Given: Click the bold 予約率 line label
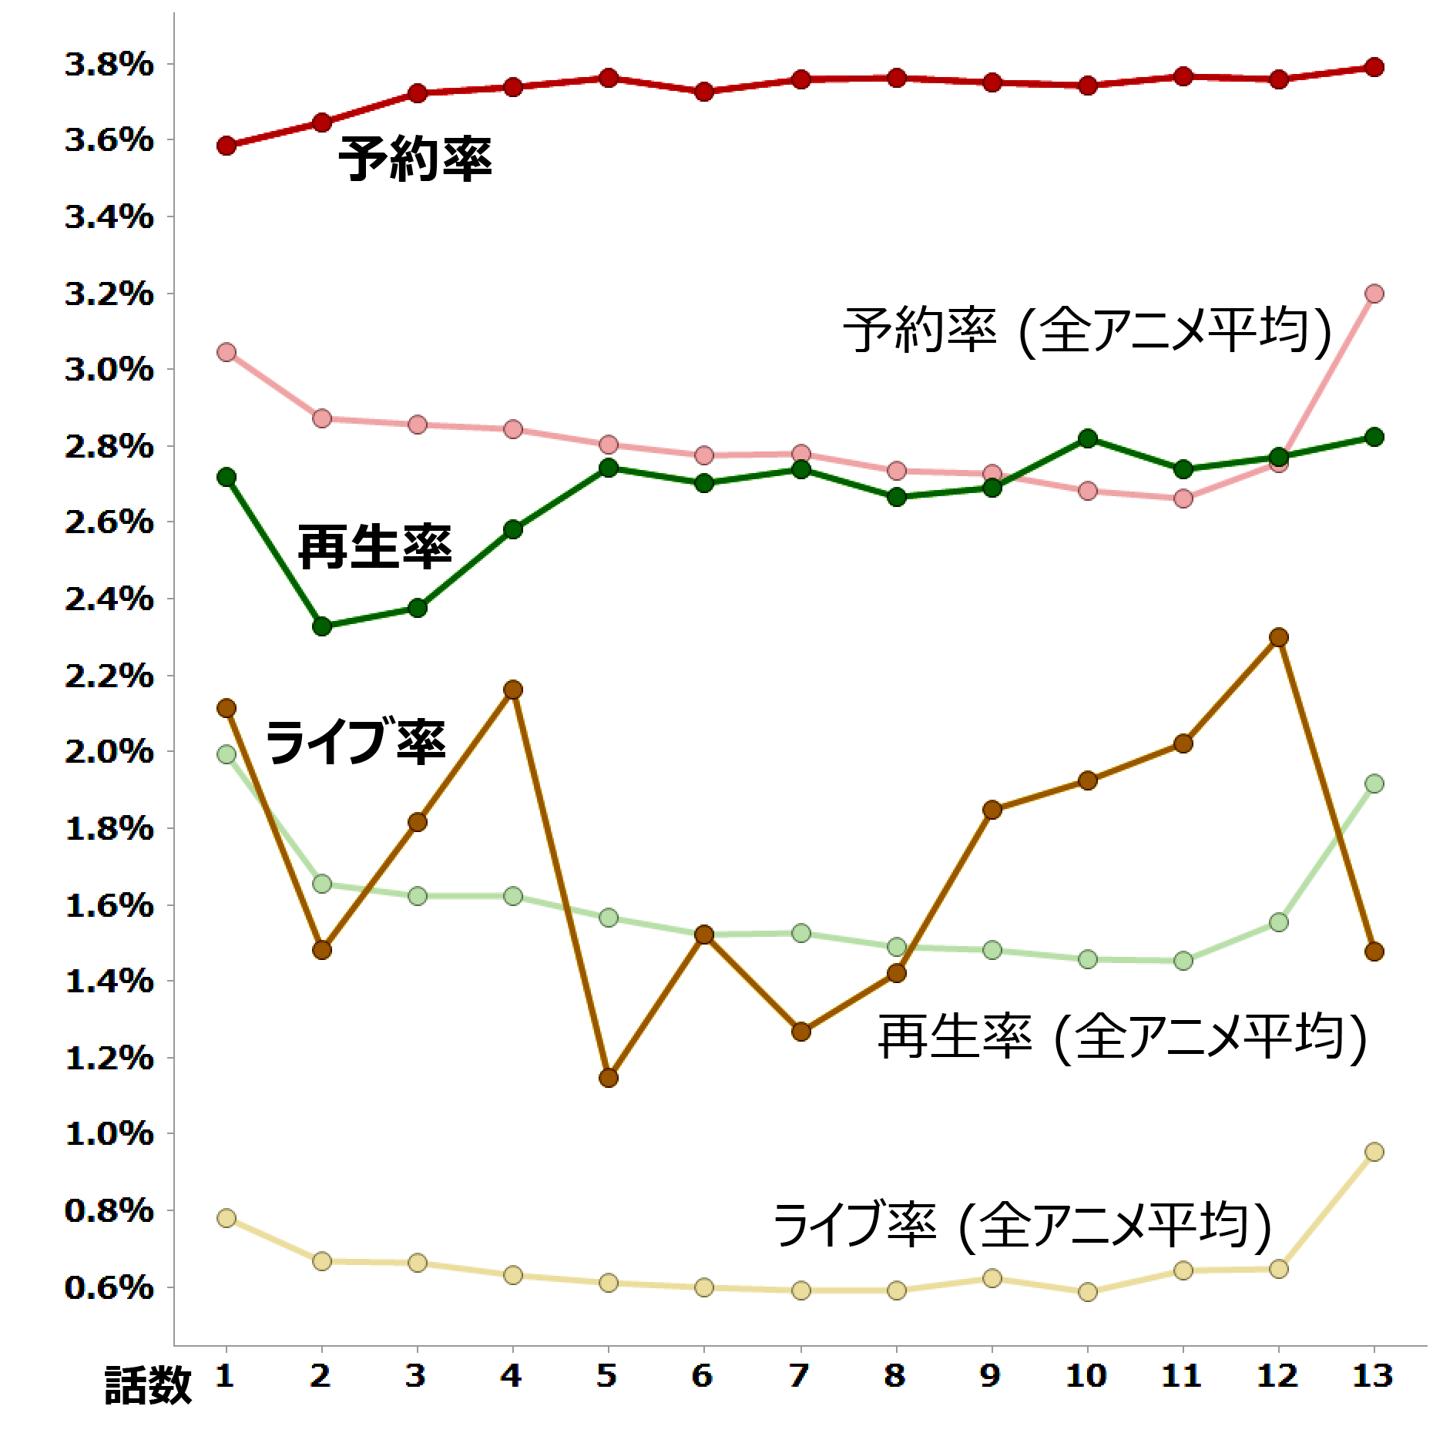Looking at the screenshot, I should coord(414,159).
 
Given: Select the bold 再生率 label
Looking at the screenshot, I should coord(374,547).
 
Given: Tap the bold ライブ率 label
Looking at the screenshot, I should coord(355,741).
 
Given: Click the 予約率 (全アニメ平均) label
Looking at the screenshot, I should coord(1087,331).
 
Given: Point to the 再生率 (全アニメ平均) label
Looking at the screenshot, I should coord(1123,1038).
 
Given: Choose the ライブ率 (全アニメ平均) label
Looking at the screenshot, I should coord(1022,1225).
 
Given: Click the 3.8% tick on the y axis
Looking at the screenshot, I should coord(109,65).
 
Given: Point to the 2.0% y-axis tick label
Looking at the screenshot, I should coord(109,752).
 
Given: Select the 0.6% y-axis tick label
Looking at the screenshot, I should coord(109,1287).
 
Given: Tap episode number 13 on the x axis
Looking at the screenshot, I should coord(1373,1375).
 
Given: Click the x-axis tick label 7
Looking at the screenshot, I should coord(800,1375).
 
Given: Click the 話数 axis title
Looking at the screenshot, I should coord(148,1385).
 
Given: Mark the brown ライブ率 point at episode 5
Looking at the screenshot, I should coord(609,1077).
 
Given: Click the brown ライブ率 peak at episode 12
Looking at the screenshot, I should coord(1279,637).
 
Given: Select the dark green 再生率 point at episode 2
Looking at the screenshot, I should coord(322,626).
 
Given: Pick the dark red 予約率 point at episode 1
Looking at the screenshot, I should coord(227,146).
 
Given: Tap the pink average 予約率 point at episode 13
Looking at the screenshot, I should coord(1374,294).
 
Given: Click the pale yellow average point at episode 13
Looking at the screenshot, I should coord(1374,1152).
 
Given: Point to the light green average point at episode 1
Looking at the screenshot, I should coord(227,754).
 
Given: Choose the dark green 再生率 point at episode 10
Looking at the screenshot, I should coord(1088,438).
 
